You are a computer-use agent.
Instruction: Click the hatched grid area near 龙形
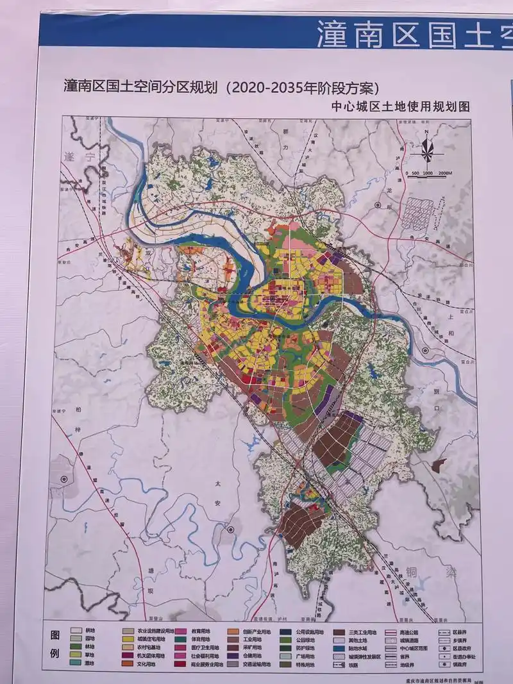point(424,212)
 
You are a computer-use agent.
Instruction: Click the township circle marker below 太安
point(230,530)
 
